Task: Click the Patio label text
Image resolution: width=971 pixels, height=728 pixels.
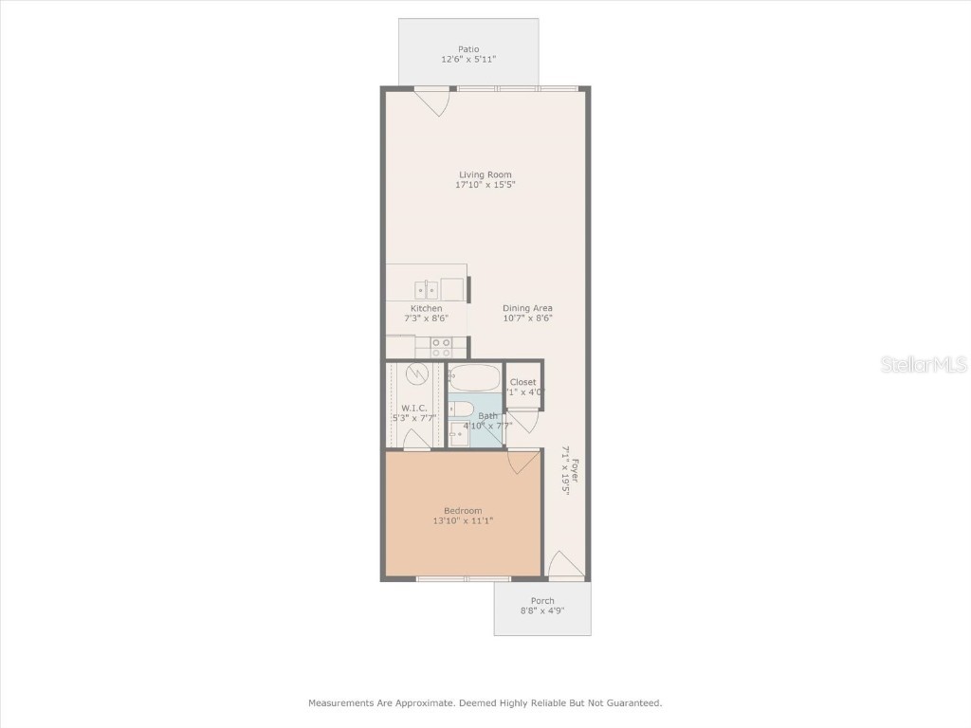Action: pos(468,49)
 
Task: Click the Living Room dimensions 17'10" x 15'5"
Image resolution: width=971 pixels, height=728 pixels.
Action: pos(485,186)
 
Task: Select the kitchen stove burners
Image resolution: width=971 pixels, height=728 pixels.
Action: pos(440,347)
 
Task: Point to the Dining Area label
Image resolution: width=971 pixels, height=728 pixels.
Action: pos(527,308)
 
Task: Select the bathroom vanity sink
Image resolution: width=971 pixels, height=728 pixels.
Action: pos(457,434)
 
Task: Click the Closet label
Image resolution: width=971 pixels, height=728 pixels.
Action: pos(522,382)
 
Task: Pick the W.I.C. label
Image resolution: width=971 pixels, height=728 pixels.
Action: pos(414,408)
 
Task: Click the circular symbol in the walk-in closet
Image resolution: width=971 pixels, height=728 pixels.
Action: pos(416,374)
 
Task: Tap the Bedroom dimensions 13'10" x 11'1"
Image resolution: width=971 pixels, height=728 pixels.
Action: pos(463,521)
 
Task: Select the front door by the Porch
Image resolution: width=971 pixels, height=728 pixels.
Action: pos(566,565)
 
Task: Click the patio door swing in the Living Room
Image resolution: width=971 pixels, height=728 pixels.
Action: pos(433,100)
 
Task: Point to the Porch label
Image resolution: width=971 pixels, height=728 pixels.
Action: pos(542,601)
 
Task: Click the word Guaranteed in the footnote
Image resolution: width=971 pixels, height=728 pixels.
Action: pos(628,703)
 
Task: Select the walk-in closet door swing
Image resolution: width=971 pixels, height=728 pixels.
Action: pos(416,439)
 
